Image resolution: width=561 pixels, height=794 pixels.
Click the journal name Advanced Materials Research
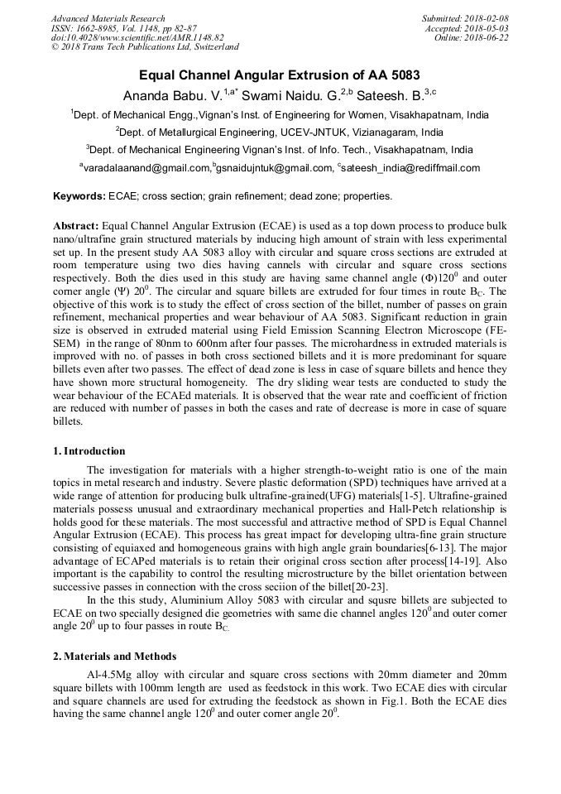click(x=108, y=18)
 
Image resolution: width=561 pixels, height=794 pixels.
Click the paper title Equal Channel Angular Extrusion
click(x=279, y=75)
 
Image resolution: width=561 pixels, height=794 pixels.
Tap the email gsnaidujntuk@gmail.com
click(x=273, y=168)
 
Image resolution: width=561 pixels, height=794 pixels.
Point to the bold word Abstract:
click(x=76, y=226)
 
